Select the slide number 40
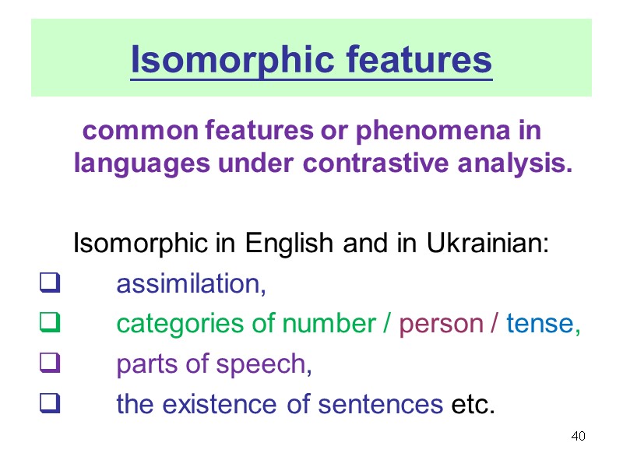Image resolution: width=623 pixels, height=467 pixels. click(x=578, y=435)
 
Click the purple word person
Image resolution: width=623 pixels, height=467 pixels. click(x=441, y=324)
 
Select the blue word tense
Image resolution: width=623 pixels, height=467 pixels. click(x=539, y=324)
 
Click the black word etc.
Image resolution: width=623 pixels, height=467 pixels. click(x=473, y=405)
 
